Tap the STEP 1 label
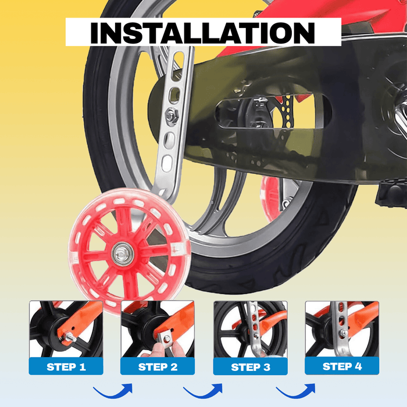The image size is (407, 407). click(66, 367)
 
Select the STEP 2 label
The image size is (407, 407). click(157, 367)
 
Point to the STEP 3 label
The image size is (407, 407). click(250, 367)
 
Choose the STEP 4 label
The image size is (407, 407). click(342, 366)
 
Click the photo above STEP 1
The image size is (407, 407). click(66, 329)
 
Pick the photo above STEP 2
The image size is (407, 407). click(157, 329)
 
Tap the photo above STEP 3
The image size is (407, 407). click(250, 329)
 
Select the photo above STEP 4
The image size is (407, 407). click(342, 329)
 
